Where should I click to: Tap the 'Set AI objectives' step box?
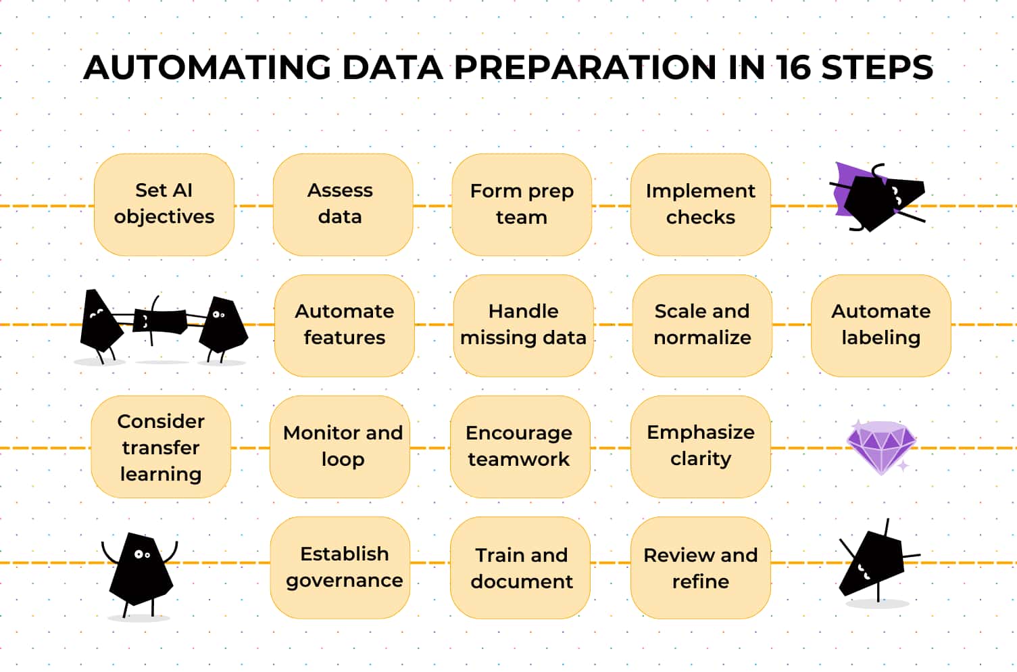click(x=164, y=204)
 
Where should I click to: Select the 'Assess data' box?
click(x=343, y=204)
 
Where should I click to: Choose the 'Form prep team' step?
click(x=522, y=204)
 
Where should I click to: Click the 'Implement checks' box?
click(x=701, y=204)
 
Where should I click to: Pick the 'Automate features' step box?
click(x=345, y=326)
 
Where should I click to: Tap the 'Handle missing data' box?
click(x=523, y=326)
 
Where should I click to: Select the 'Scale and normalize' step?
click(x=702, y=326)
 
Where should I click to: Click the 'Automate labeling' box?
click(x=880, y=326)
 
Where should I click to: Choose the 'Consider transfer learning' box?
click(x=161, y=447)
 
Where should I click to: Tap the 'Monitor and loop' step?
click(x=340, y=447)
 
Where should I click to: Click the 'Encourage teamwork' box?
click(x=520, y=447)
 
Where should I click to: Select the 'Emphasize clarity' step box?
click(x=701, y=447)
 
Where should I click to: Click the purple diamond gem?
click(x=881, y=448)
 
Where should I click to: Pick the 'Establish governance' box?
click(x=340, y=568)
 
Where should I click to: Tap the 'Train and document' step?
click(x=520, y=568)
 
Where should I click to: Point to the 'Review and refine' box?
click(x=701, y=568)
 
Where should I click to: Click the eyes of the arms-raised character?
click(x=142, y=554)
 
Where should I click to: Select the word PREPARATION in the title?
click(x=585, y=67)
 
